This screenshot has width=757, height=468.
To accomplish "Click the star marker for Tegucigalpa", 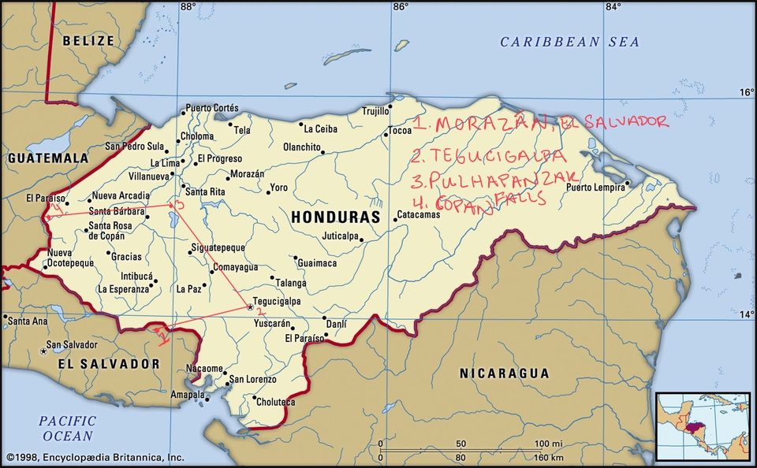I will click(x=250, y=306).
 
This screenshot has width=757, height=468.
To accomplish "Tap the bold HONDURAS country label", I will click(x=335, y=217).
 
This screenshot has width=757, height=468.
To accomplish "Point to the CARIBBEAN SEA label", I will click(x=570, y=42).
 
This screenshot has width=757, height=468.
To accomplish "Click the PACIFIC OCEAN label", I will click(x=67, y=428).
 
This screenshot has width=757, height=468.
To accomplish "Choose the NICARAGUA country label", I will click(x=505, y=373).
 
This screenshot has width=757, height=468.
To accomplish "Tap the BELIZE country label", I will click(x=88, y=40).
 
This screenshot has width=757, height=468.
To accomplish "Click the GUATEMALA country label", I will click(x=48, y=158).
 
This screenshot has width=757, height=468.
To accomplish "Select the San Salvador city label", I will click(x=72, y=345).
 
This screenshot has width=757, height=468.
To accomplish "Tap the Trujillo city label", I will click(x=376, y=110).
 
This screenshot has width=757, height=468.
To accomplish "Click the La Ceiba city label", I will click(x=320, y=128).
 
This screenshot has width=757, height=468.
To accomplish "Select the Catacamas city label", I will click(x=418, y=214).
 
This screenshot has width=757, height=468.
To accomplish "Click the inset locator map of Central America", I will click(x=703, y=425).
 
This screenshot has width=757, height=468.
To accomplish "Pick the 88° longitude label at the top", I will click(x=187, y=7).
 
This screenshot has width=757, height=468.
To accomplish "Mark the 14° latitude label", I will click(x=745, y=315).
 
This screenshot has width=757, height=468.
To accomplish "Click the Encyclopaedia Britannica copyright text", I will click(x=95, y=457).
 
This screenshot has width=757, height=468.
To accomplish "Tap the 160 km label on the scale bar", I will click(x=546, y=457).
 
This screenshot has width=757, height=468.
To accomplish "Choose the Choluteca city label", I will click(x=274, y=401).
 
